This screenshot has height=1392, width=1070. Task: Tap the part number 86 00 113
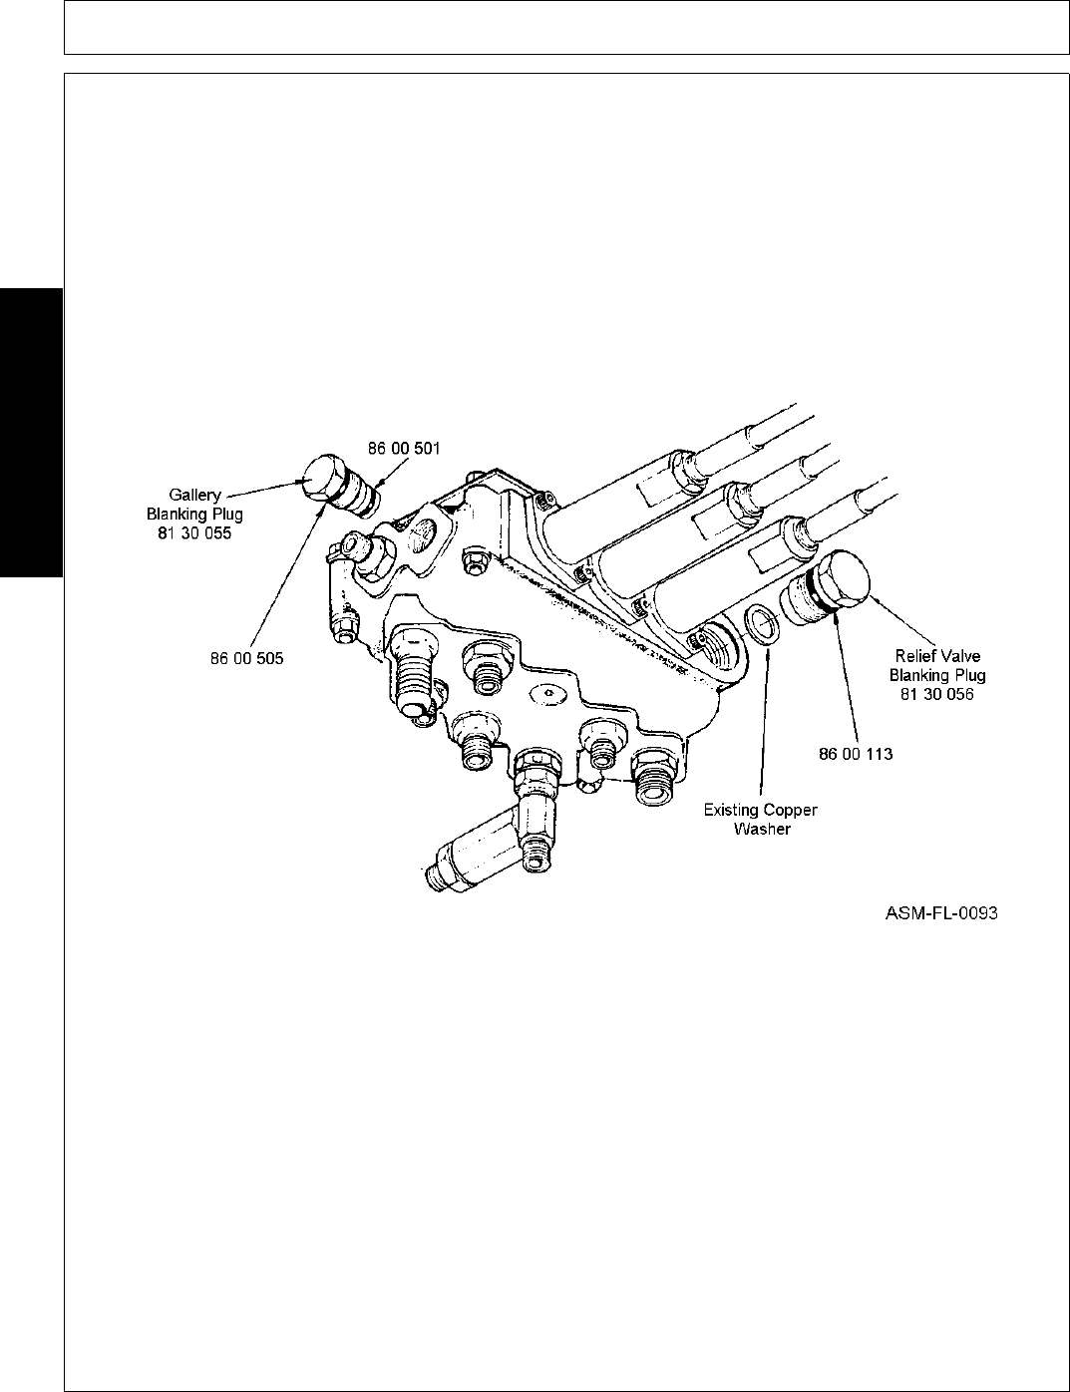[855, 754]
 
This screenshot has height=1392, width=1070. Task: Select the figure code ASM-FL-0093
[941, 912]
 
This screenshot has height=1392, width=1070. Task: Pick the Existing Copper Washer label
[761, 819]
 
